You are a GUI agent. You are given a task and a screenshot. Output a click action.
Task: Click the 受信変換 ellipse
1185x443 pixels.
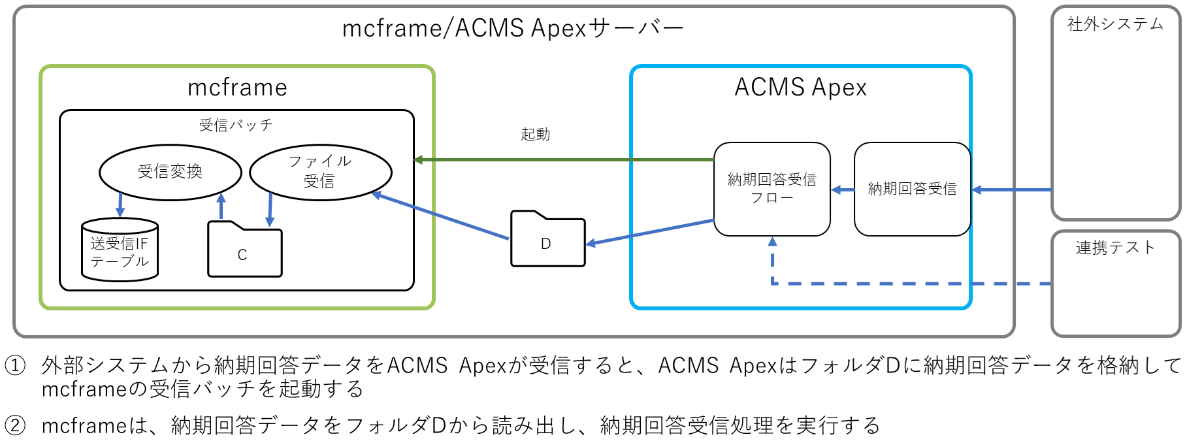[170, 172]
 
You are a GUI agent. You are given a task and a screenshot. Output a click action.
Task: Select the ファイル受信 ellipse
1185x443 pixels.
[320, 171]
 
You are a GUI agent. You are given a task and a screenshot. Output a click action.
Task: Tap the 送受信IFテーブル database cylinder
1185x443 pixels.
[120, 252]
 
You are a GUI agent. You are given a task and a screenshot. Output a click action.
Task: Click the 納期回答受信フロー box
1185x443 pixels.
[771, 189]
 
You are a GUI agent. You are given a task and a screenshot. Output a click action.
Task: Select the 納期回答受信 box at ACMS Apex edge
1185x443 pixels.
[912, 189]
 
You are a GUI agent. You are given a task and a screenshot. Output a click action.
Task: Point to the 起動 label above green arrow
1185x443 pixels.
[535, 135]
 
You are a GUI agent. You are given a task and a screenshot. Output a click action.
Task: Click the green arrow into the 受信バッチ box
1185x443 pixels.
[562, 159]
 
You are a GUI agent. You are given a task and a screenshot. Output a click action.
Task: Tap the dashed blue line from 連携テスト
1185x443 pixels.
[915, 284]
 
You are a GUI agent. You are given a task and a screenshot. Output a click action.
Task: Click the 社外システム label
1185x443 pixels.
[1115, 25]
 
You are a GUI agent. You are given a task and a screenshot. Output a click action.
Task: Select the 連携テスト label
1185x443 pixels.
[1115, 248]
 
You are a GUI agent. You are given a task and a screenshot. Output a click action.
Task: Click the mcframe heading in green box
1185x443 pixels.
[237, 88]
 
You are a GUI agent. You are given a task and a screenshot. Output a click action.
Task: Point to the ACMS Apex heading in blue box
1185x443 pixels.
[800, 88]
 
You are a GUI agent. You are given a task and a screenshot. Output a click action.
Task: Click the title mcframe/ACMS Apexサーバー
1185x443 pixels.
[513, 28]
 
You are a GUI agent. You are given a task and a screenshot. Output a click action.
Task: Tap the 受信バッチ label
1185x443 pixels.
[236, 125]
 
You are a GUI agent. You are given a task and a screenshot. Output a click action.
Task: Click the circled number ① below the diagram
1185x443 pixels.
[15, 365]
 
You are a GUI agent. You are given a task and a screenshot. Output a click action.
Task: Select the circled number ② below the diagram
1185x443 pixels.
[15, 426]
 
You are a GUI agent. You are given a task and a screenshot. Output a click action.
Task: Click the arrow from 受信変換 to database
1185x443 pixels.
[120, 205]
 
